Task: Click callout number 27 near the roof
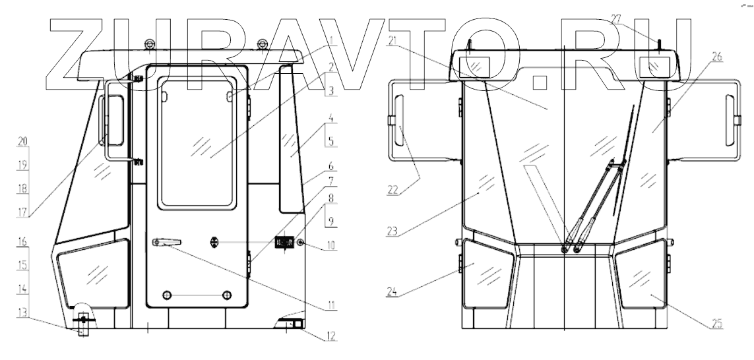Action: point(617,19)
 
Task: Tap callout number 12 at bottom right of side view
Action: point(331,336)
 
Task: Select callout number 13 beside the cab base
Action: point(22,313)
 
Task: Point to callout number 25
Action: point(716,324)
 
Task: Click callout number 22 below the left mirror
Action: point(393,190)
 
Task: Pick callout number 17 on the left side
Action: point(22,212)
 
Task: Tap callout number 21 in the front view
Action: point(393,41)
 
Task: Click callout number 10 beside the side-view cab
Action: point(331,246)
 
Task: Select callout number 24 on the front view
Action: point(393,291)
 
